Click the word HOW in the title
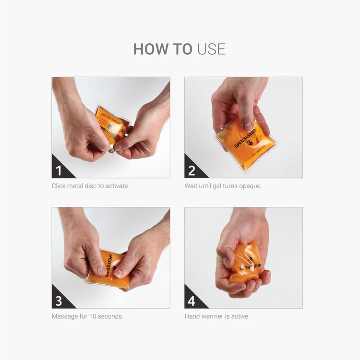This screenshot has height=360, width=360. coord(147,49)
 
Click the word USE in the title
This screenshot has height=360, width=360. coord(211,49)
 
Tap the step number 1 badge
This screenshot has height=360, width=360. coord(59,171)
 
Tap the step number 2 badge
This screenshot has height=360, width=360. coord(192,171)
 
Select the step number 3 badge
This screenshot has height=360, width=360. coord(59,301)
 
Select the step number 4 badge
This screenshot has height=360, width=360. coord(192,301)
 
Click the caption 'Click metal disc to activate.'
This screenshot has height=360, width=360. coord(90,186)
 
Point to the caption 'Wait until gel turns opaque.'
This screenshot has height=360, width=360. coord(223,186)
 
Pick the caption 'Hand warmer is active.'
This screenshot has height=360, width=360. coord(217,316)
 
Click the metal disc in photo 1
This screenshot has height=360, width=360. coord(112,150)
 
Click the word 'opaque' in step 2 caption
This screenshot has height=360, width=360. coord(251,186)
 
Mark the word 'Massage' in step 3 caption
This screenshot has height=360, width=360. coord(65,316)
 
